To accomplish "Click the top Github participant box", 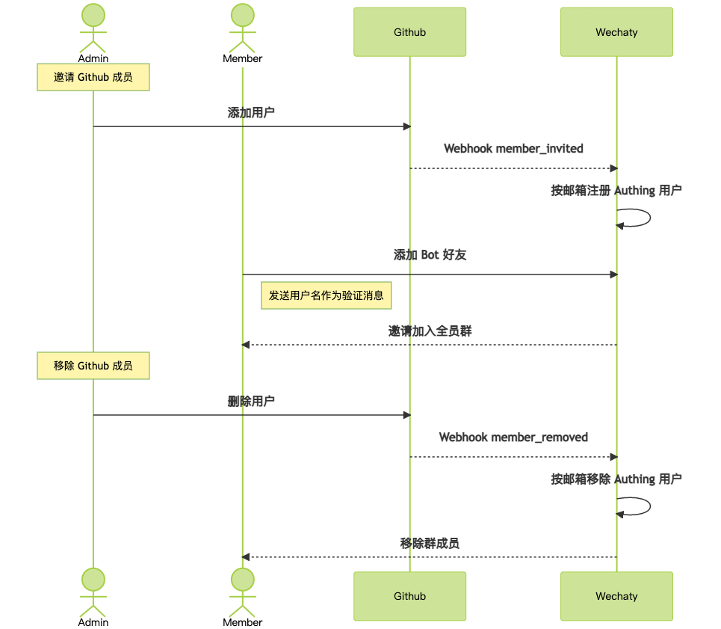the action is point(409,32).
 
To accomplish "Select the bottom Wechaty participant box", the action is point(616,596).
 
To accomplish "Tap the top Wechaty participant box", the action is point(616,32).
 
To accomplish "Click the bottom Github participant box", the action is point(409,596).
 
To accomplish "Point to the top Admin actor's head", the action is point(93,15).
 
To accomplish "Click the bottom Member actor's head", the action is point(242,580).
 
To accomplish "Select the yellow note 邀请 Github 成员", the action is point(93,77).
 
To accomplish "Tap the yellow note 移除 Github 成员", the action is point(93,366).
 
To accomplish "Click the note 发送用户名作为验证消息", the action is point(326,295).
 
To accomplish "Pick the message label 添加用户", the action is point(251,113).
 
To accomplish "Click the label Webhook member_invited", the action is point(513,149).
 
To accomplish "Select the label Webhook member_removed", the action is point(513,437).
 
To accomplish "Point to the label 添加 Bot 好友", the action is point(430,255).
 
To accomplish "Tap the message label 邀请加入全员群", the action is point(430,331).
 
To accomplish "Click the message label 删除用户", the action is point(251,401).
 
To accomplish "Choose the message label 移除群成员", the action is point(430,544).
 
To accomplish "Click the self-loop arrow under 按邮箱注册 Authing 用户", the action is point(650,218).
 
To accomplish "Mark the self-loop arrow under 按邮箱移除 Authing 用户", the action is point(650,506).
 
